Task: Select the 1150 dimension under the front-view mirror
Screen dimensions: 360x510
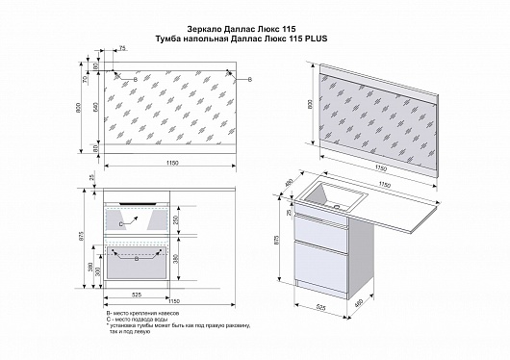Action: tap(170, 164)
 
